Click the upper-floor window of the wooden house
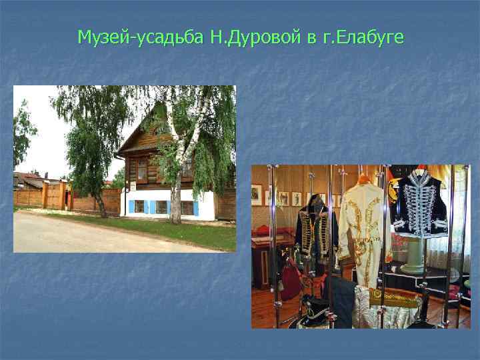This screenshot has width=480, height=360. [142, 169]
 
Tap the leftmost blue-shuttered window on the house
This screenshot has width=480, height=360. [139, 207]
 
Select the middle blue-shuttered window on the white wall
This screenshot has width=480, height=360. [161, 207]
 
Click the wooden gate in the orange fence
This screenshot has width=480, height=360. [53, 196]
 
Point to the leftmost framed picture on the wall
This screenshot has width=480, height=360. [257, 194]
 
